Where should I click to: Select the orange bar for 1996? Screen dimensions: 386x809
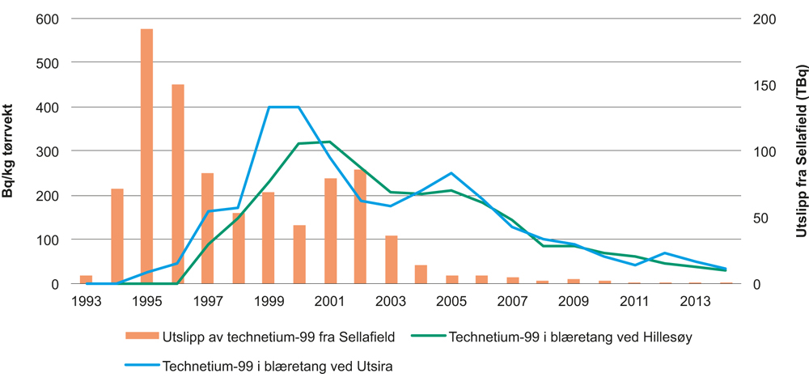click(177, 184)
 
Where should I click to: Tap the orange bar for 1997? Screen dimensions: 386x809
click(208, 228)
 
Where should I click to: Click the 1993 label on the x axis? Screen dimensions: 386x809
click(86, 301)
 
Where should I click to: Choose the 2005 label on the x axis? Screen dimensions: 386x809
click(451, 301)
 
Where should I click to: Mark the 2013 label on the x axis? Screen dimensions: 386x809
click(695, 301)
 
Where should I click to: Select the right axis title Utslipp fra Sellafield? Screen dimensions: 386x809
click(799, 151)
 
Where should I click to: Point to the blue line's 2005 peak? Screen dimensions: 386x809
click(451, 173)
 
